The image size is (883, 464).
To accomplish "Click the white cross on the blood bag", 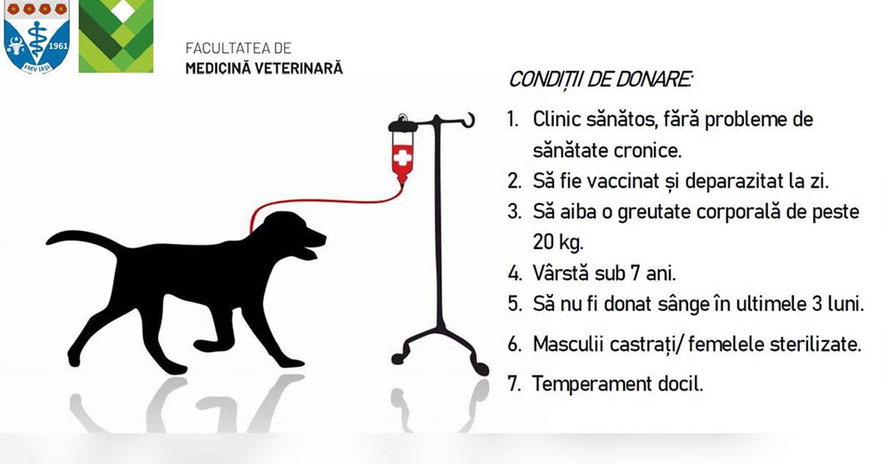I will (402, 157).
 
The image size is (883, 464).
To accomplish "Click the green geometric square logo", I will (116, 36).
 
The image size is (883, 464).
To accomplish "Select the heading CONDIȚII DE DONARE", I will (600, 79).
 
